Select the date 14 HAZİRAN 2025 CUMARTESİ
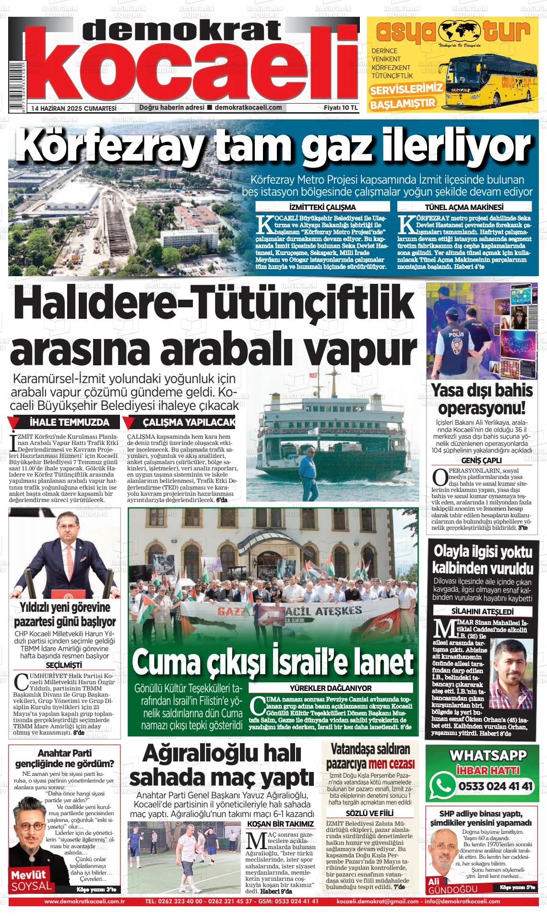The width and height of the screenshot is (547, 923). pos(74,108)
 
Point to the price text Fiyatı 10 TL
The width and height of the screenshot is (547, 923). pos(341,108)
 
